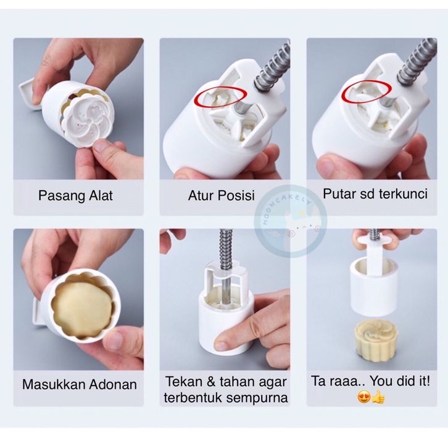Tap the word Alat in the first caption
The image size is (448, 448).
(x=101, y=196)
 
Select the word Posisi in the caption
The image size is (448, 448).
(x=236, y=196)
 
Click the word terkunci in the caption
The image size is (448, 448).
(x=403, y=194)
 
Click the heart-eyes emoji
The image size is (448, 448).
(x=364, y=397)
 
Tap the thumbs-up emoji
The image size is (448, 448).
(x=378, y=397)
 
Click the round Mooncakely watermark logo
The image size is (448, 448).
(x=291, y=220)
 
